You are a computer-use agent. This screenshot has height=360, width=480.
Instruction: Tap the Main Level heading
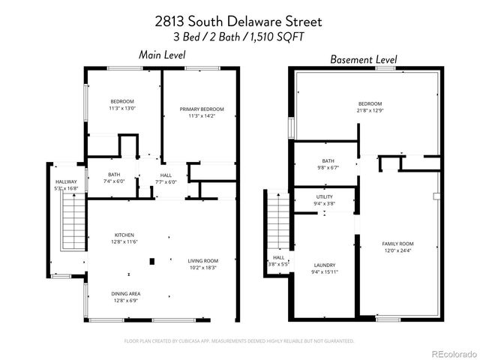pyautogui.click(x=163, y=55)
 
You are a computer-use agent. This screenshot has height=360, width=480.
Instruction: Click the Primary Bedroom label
pyautogui.click(x=202, y=109)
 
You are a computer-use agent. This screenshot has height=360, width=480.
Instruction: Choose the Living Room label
pyautogui.click(x=202, y=260)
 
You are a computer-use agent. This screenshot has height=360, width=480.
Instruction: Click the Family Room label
pyautogui.click(x=398, y=244)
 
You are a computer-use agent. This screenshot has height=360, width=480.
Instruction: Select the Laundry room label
pyautogui.click(x=325, y=265)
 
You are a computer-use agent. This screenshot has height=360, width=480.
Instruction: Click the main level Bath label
pyautogui.click(x=114, y=175)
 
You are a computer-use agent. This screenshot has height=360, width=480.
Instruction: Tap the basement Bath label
pyautogui.click(x=328, y=160)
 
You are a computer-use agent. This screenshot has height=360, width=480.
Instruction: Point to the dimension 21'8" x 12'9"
pyautogui.click(x=370, y=111)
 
